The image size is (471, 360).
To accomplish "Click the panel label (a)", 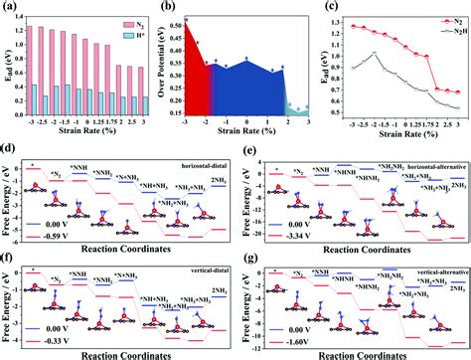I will (10, 7).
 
